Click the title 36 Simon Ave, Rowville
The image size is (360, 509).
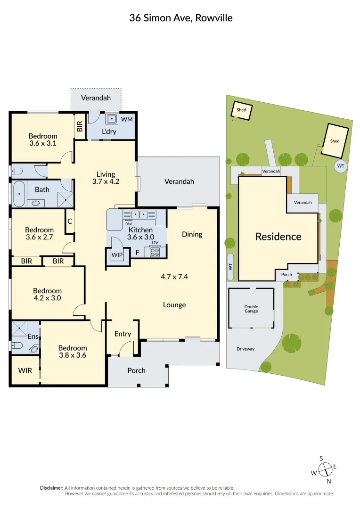click(x=181, y=18)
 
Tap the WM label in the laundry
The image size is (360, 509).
click(x=127, y=119)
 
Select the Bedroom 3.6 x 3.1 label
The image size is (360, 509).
click(x=43, y=140)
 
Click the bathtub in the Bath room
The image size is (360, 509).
click(x=19, y=194)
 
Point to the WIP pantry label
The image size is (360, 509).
click(x=116, y=254)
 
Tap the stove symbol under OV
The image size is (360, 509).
click(x=155, y=252)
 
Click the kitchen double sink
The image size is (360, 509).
click(x=139, y=214)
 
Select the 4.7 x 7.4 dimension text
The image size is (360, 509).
click(x=174, y=277)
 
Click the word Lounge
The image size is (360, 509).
click(x=174, y=305)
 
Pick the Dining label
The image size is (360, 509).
click(x=192, y=234)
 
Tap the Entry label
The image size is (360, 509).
click(x=123, y=334)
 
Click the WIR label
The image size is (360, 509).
click(x=25, y=370)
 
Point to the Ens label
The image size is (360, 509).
click(x=33, y=337)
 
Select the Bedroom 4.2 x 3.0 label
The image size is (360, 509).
click(x=47, y=295)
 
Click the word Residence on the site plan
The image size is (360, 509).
click(x=278, y=237)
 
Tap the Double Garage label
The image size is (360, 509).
click(x=251, y=309)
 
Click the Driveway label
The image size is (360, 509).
click(x=245, y=349)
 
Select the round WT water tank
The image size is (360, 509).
click(x=340, y=166)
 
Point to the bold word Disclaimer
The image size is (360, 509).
click(x=51, y=488)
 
